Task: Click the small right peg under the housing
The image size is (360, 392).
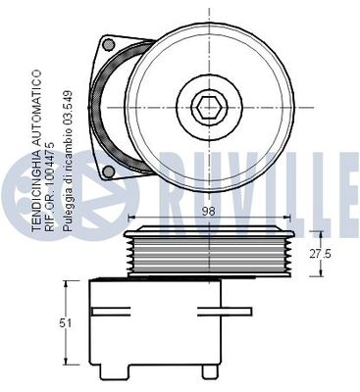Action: click(x=207, y=370)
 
